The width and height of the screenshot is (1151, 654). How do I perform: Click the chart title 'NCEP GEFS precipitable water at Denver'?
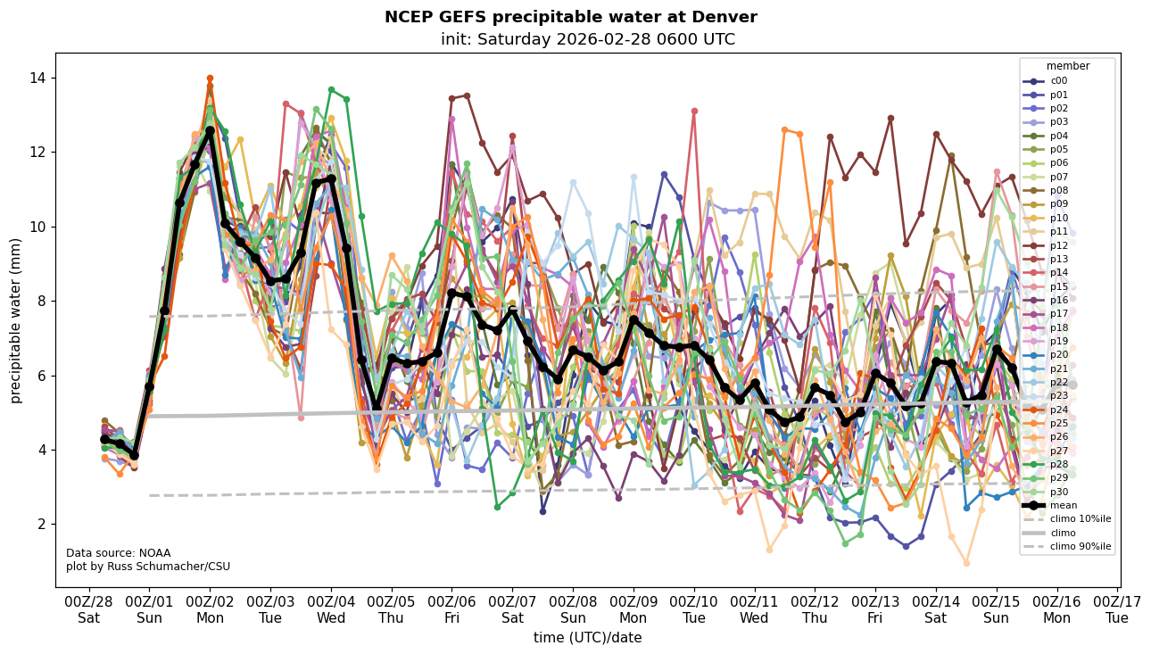[x=570, y=17]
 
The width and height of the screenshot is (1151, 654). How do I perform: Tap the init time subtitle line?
[x=587, y=39]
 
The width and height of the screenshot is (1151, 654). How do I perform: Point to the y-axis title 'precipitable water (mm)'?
[x=16, y=319]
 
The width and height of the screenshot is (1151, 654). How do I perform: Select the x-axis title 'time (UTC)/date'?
[x=587, y=637]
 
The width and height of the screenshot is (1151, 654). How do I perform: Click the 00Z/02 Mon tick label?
[x=210, y=608]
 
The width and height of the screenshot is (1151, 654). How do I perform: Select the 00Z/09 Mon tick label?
[x=633, y=608]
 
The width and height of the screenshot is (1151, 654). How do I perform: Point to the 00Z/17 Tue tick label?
[x=1117, y=608]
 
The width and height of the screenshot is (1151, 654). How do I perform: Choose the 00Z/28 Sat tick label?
[x=88, y=608]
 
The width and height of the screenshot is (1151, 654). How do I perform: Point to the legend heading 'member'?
[x=1067, y=66]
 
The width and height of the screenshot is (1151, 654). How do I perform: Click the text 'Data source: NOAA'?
[x=118, y=553]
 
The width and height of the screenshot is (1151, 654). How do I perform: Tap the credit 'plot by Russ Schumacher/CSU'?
[x=147, y=567]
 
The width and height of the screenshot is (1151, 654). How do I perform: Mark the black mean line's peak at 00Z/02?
[x=210, y=130]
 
